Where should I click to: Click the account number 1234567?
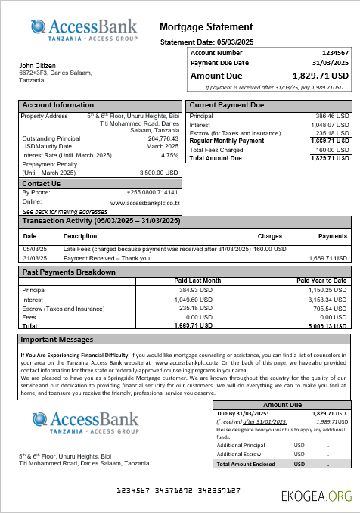[x=335, y=53]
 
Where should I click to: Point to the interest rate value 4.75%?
[x=169, y=155]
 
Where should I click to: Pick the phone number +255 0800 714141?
[x=153, y=192]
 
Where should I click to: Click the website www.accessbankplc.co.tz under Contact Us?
[x=144, y=203]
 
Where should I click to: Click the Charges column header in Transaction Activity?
[x=269, y=236]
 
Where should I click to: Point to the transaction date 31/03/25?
[x=35, y=258]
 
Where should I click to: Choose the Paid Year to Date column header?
[x=321, y=281]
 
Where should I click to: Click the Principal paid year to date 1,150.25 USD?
[x=327, y=290]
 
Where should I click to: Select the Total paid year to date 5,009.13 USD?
[x=327, y=325]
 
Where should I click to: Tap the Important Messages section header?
[x=57, y=340]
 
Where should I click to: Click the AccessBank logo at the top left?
[x=84, y=30]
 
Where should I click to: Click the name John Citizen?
[x=37, y=66]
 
